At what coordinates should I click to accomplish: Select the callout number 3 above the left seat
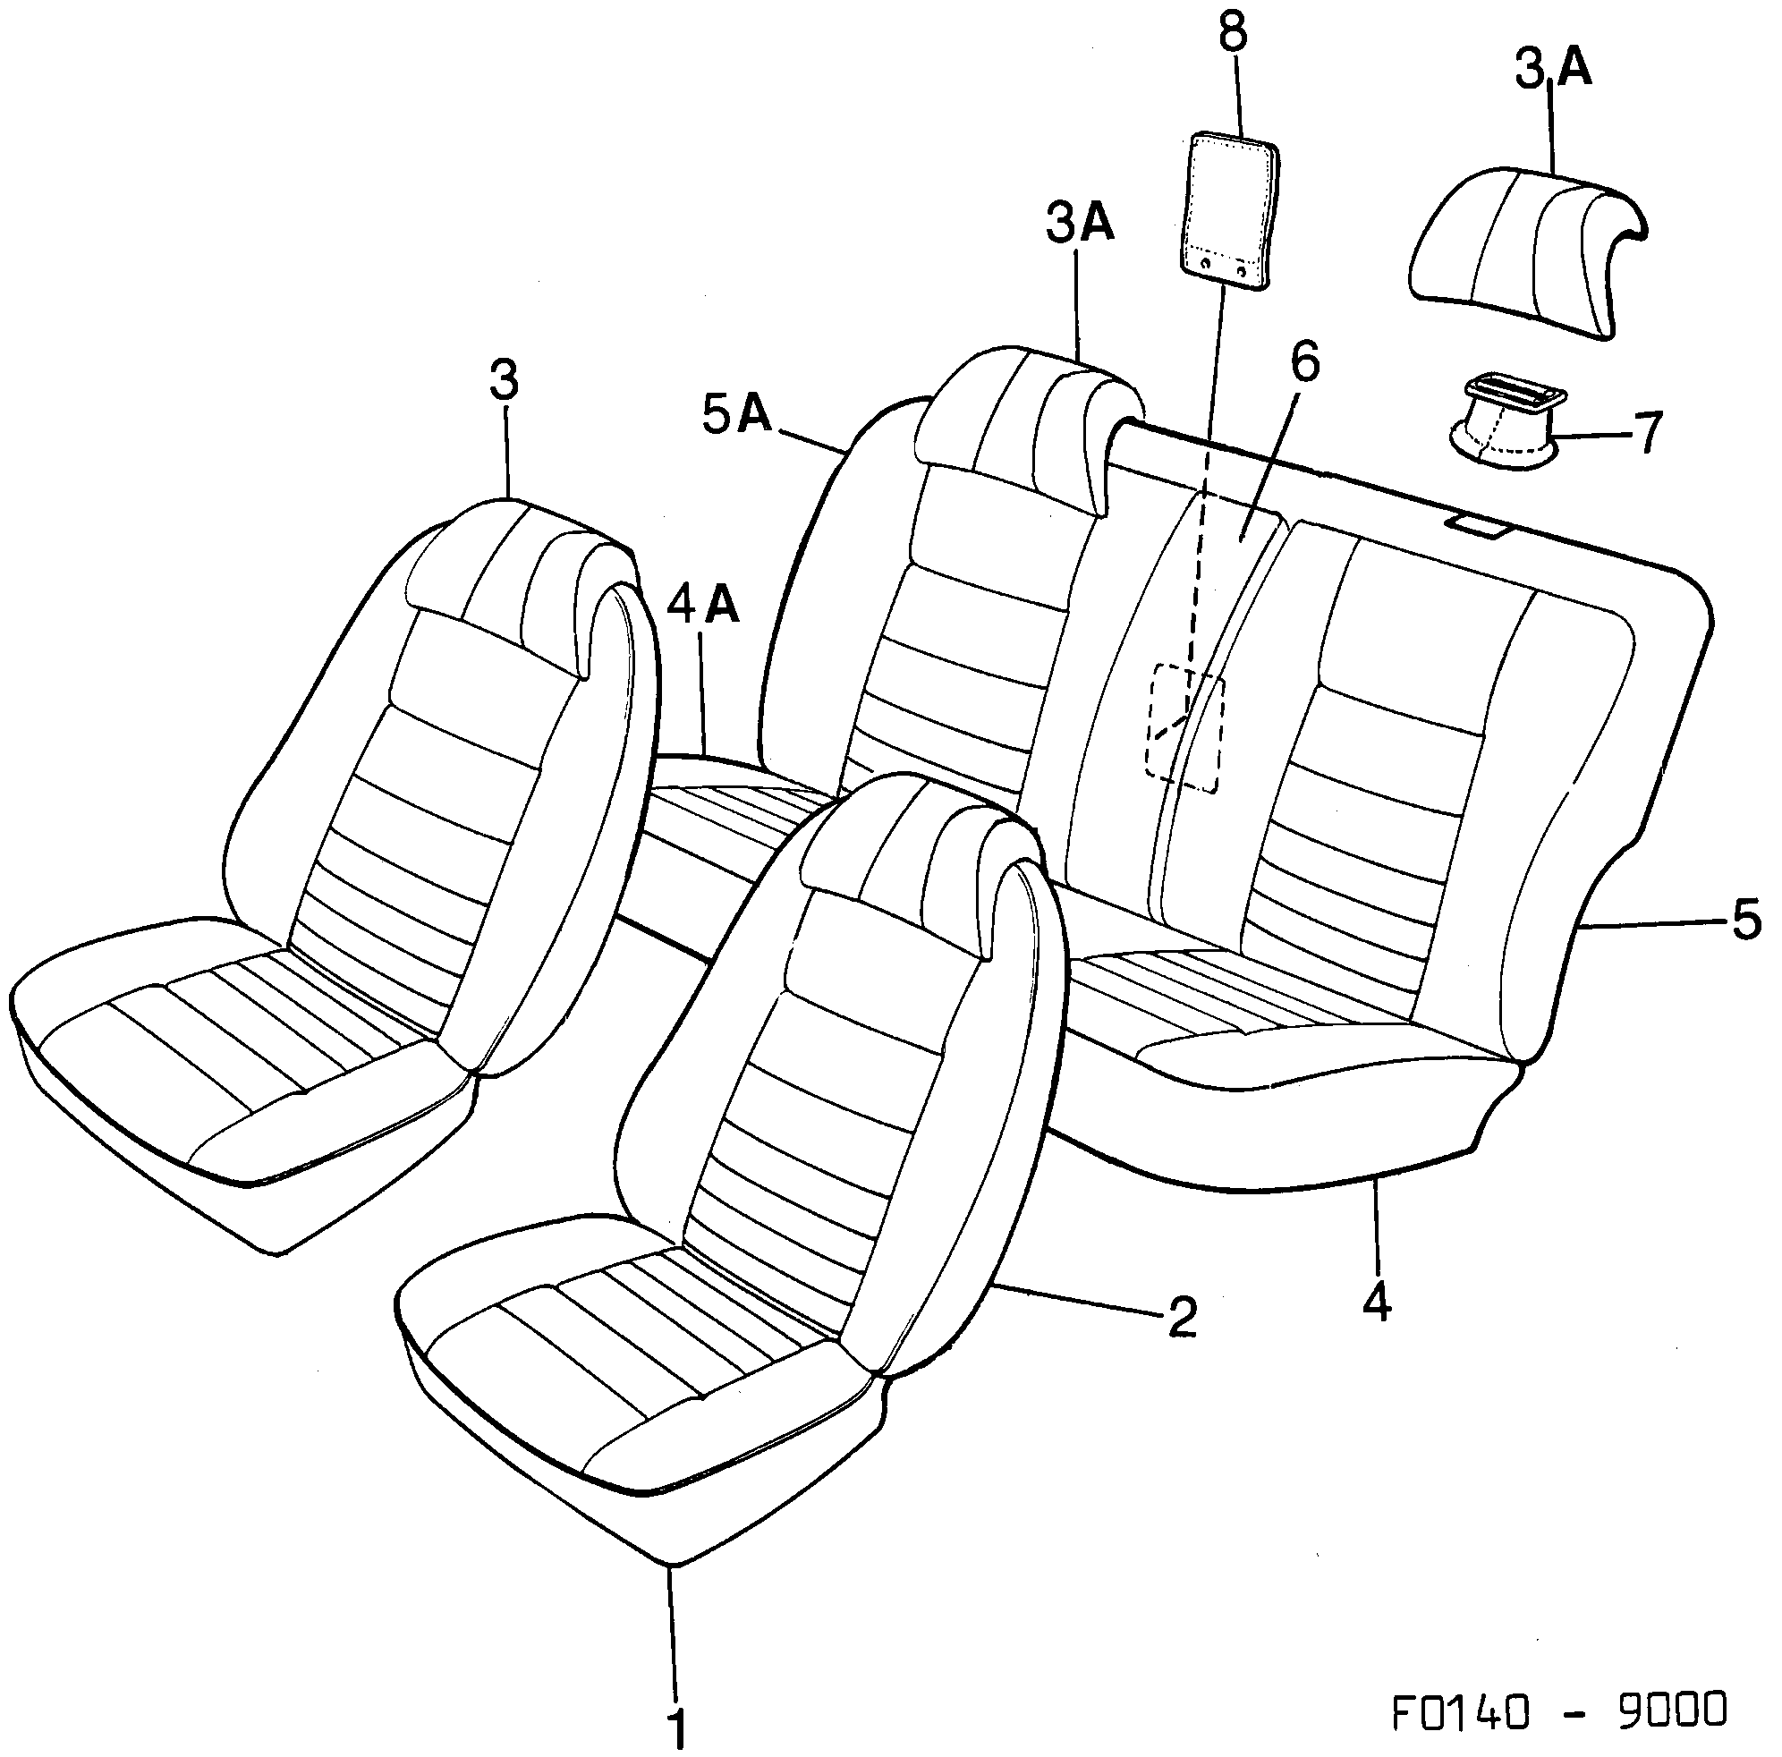click(505, 382)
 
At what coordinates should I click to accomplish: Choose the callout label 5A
click(736, 416)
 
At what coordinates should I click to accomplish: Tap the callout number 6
click(1304, 362)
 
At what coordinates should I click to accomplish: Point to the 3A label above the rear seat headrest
click(1081, 225)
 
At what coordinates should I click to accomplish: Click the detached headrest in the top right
click(1526, 249)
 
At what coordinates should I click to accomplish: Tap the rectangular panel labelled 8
click(1230, 212)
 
